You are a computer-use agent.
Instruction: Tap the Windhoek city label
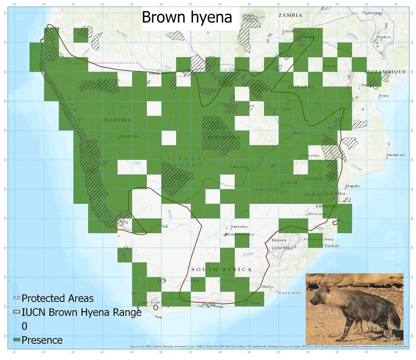[129, 136]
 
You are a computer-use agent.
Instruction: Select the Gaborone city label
[238, 166]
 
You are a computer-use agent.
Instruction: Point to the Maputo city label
[353, 186]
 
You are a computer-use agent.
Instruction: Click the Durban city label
[332, 246]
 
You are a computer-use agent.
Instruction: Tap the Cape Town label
[149, 303]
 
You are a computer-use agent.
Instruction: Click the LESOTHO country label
[282, 248]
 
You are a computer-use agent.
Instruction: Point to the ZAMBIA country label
[290, 15]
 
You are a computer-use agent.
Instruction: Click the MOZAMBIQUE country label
[385, 72]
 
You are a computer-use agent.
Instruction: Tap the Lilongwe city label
[374, 13]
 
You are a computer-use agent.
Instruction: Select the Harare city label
[330, 66]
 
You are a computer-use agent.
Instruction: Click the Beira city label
[384, 96]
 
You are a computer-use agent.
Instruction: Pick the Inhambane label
[396, 155]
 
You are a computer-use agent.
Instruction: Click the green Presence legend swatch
[17, 340]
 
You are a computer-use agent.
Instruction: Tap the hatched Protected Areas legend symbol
[17, 298]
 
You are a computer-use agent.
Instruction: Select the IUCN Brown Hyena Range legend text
[82, 312]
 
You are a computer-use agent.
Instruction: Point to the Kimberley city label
[239, 226]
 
